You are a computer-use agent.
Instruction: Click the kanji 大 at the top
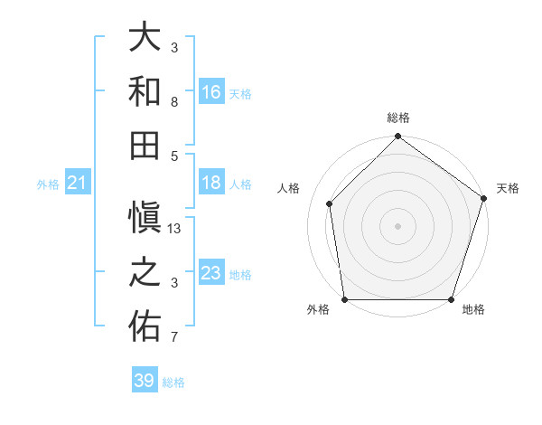coord(145,38)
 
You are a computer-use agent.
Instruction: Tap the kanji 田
coord(145,144)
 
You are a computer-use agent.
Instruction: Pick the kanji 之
coord(145,273)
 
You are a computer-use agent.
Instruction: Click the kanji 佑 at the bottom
coord(145,326)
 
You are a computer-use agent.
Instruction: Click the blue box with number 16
coord(211,91)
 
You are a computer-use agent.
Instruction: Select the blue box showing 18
coord(211,183)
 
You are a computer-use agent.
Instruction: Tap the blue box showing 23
coord(211,273)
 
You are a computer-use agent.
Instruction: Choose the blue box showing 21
coord(78,184)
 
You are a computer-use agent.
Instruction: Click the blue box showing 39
coord(144,381)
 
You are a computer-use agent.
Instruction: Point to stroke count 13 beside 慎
coord(175,229)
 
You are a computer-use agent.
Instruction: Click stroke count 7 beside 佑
coord(175,338)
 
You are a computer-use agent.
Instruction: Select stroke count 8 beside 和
coord(175,102)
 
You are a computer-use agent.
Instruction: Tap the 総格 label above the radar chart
coord(397,118)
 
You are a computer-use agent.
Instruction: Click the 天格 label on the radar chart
coord(509,188)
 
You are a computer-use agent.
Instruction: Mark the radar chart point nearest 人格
coord(330,203)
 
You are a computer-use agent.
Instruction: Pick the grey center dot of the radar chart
coord(397,226)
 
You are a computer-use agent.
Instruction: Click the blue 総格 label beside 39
coord(173,382)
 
